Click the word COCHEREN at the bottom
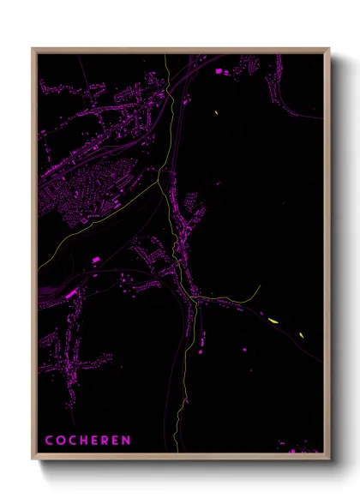click(x=88, y=441)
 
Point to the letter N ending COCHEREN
click(x=127, y=441)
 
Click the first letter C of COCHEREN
click(x=49, y=441)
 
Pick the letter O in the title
click(x=60, y=441)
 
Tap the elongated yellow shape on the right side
click(x=273, y=321)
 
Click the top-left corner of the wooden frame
click(x=33, y=49)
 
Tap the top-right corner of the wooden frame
click(x=329, y=49)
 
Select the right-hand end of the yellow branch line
click(x=259, y=287)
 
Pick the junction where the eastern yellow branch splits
click(x=197, y=298)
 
